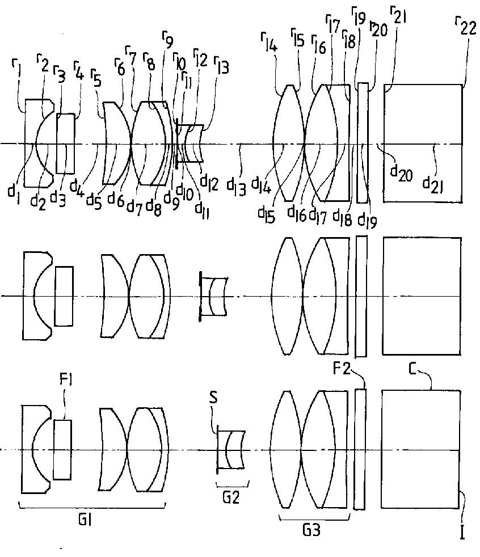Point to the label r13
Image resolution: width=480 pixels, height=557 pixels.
[x=222, y=68]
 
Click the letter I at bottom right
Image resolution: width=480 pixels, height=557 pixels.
[x=462, y=534]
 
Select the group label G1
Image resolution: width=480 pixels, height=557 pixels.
[x=92, y=520]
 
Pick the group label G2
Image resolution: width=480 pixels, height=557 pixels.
[x=231, y=500]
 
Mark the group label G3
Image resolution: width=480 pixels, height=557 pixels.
[x=311, y=530]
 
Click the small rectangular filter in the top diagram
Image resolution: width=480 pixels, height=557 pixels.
[x=66, y=143]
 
